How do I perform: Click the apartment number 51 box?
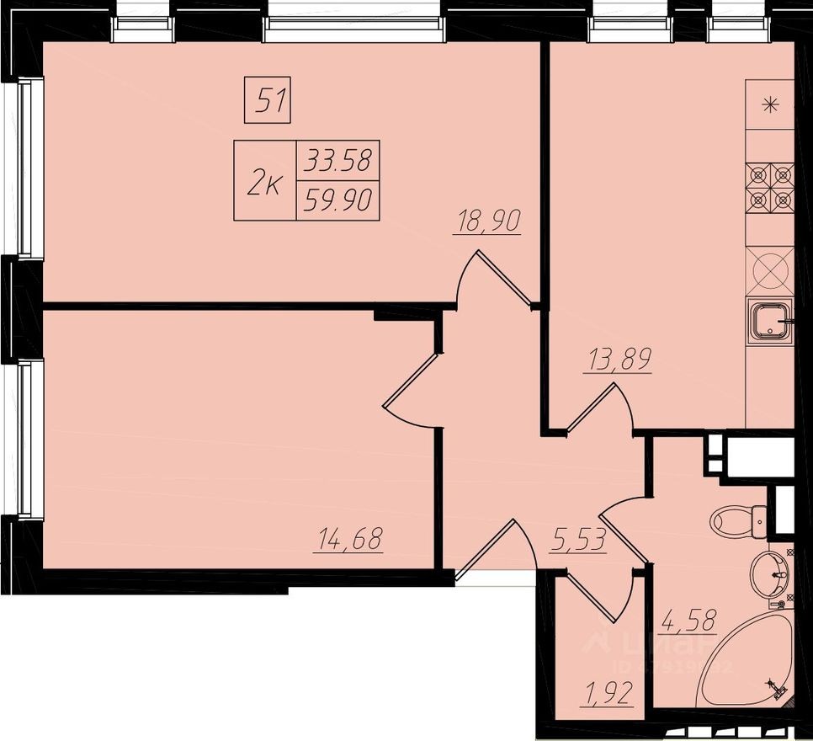pos(268,100)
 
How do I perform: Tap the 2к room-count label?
pos(264,181)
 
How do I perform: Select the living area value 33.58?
pos(338,159)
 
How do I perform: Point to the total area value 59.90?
pos(338,200)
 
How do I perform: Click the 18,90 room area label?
pos(487,221)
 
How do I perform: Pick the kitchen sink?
pos(770,321)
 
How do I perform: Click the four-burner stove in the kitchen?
pos(770,189)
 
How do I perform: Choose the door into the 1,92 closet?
pos(602,594)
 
